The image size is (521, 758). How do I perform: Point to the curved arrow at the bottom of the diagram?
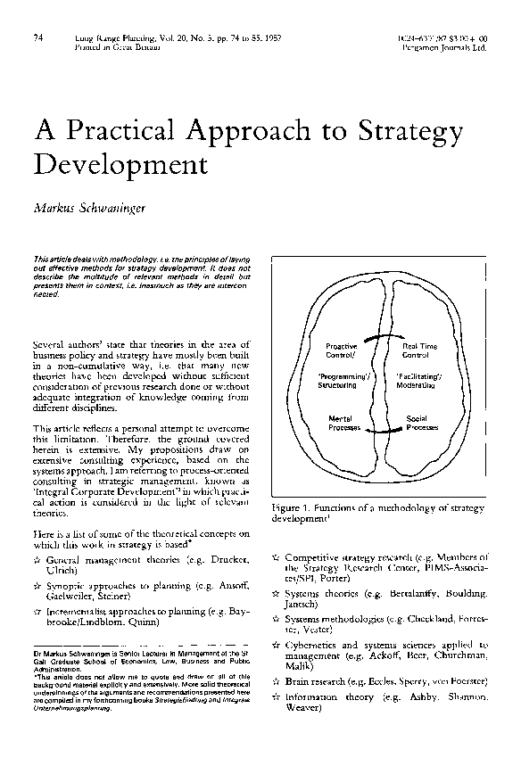(x=378, y=432)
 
